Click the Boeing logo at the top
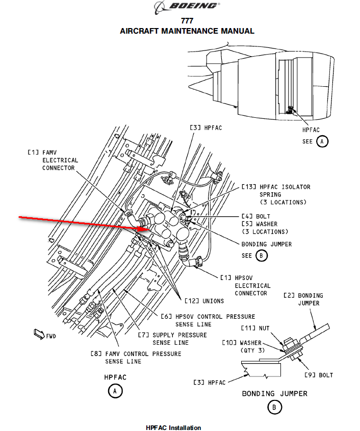coord(187,7)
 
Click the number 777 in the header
coord(187,21)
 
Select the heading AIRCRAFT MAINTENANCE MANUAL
coord(187,31)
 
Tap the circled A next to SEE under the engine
coord(322,141)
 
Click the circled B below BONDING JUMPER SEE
coord(261,256)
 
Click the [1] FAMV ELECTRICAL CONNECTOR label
coord(53,160)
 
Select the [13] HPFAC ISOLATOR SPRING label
coord(275,194)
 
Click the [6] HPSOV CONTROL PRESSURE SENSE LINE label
coord(208,320)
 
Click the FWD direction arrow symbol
coord(39,333)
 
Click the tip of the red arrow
coord(148,230)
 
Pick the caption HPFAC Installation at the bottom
coord(173,427)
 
